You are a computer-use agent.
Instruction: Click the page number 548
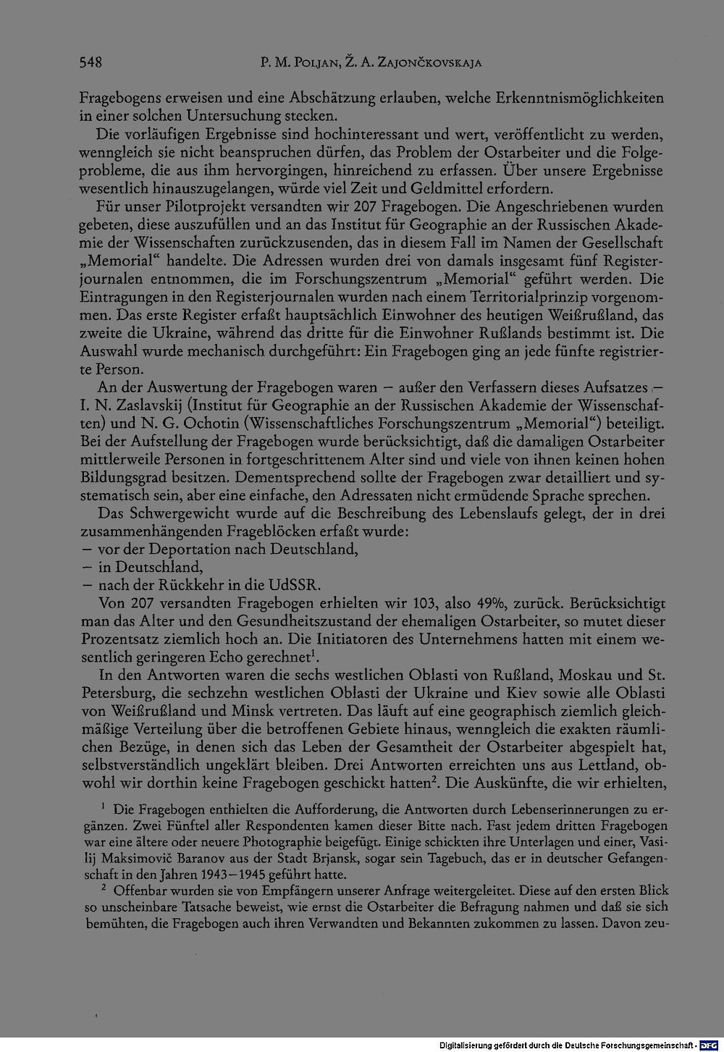coord(90,62)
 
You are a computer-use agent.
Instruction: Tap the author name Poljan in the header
coord(308,63)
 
